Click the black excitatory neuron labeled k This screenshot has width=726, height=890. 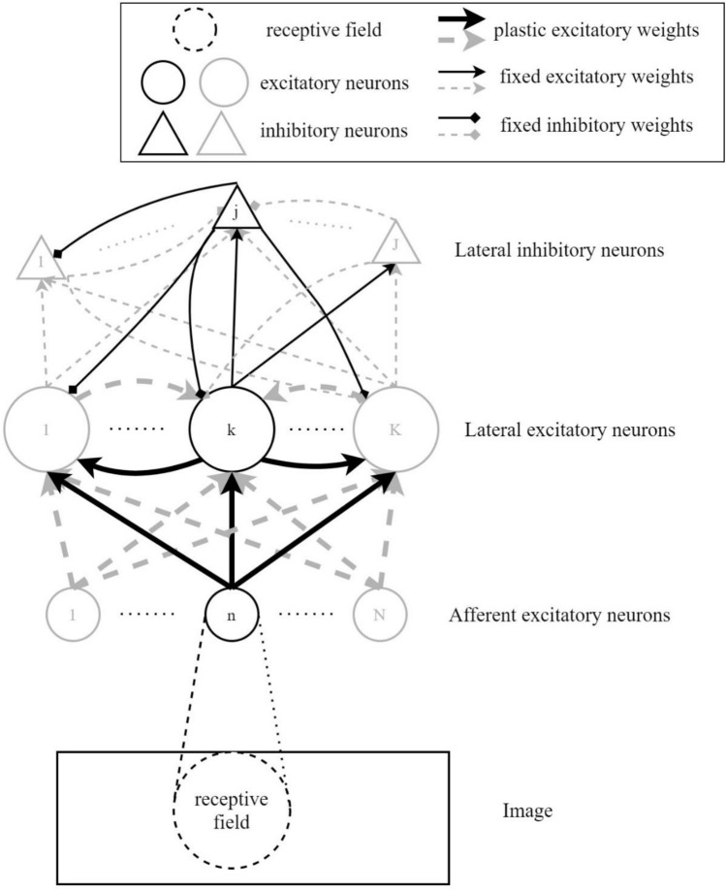click(x=231, y=428)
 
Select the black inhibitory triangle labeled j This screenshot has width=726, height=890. click(x=237, y=208)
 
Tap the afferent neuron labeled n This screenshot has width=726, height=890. click(x=232, y=615)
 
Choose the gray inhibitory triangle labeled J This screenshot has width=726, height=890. click(x=395, y=245)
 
